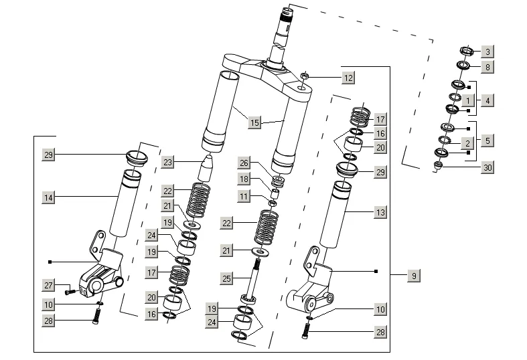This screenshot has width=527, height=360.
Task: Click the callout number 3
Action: coord(487,52)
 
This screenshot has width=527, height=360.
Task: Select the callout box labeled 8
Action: coord(487,66)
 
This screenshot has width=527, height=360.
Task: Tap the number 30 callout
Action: coord(487,167)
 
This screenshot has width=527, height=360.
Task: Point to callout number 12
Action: coord(348,78)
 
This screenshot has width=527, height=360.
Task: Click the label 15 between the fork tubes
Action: coord(254,122)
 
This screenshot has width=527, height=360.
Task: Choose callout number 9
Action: coord(414,275)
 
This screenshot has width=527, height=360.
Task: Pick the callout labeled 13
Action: coord(380,212)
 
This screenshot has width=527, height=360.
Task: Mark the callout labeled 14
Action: coord(48,197)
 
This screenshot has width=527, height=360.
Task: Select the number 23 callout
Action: coord(167,162)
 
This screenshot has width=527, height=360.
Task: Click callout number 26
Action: coord(244,163)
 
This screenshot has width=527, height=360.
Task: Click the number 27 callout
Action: coord(48,286)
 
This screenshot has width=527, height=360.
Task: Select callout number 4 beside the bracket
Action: coord(487,100)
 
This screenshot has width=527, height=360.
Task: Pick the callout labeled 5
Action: coord(487,141)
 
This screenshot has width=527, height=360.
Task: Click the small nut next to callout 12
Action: coord(303,76)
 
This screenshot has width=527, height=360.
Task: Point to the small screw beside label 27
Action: coord(68,291)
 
